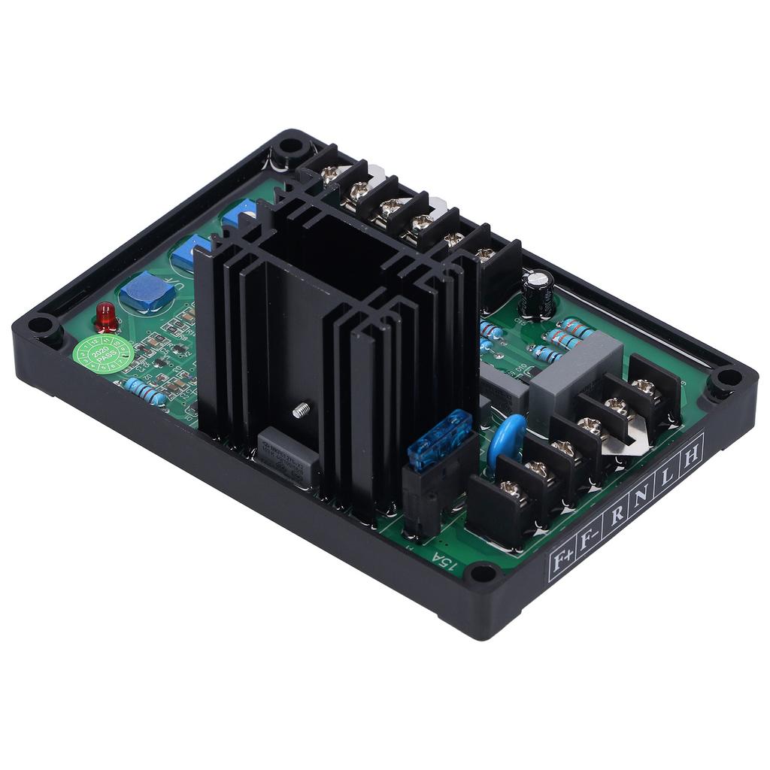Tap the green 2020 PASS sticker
point(103,353)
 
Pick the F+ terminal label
point(561,560)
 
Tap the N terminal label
point(641,496)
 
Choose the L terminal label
point(666,477)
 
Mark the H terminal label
point(690,455)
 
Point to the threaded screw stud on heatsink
point(301,411)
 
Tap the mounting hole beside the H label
point(727,379)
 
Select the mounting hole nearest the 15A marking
point(478,575)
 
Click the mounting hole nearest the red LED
point(39,328)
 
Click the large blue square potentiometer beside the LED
point(147,292)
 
